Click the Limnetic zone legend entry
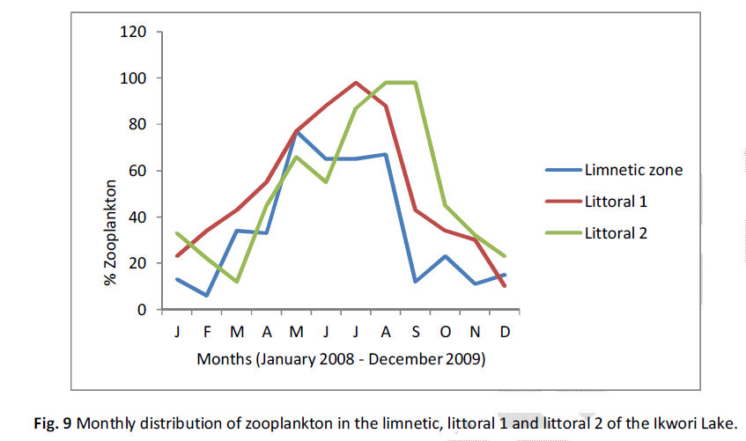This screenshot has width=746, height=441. pyautogui.click(x=632, y=170)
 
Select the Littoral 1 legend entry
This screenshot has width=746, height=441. pyautogui.click(x=617, y=202)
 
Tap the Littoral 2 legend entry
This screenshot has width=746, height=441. pyautogui.click(x=617, y=233)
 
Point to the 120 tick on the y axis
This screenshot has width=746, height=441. pyautogui.click(x=132, y=33)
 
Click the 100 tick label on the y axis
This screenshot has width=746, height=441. pyautogui.click(x=132, y=78)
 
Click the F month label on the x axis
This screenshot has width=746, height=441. pyautogui.click(x=208, y=333)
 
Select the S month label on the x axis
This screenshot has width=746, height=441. pyautogui.click(x=416, y=333)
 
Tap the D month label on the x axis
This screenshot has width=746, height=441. pyautogui.click(x=506, y=333)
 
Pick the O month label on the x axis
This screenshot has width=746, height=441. pyautogui.click(x=446, y=333)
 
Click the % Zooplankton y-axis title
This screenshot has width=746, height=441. pyautogui.click(x=111, y=232)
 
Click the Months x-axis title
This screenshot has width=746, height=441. pyautogui.click(x=341, y=359)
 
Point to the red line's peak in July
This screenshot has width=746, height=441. pyautogui.click(x=356, y=83)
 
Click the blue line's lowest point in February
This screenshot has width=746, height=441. pyautogui.click(x=208, y=296)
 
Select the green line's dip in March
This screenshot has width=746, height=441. pyautogui.click(x=238, y=282)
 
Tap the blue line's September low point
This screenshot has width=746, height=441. pyautogui.click(x=416, y=282)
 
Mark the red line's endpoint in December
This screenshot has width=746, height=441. pyautogui.click(x=506, y=286)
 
